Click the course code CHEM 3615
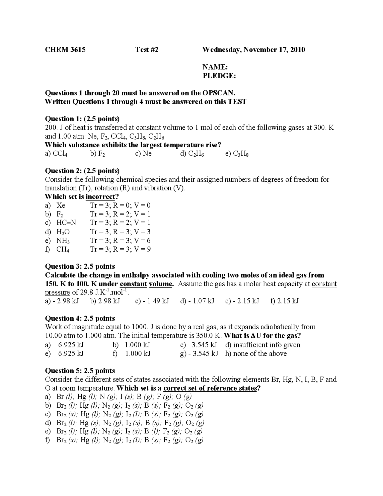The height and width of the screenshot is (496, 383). [65, 50]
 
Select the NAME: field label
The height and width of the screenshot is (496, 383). [215, 67]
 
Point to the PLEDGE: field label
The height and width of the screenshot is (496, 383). [219, 76]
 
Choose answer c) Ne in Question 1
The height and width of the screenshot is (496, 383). [143, 154]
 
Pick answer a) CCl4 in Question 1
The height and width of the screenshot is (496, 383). [56, 154]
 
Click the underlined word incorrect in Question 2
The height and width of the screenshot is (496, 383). [100, 197]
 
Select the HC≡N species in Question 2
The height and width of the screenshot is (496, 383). [66, 223]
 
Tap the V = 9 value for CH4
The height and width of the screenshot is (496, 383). [142, 249]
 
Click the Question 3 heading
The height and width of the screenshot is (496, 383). [80, 266]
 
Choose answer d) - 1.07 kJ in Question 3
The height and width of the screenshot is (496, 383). [197, 301]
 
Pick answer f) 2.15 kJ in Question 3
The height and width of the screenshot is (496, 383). [284, 301]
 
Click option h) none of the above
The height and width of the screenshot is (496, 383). [256, 354]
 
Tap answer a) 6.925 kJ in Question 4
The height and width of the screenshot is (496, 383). [64, 345]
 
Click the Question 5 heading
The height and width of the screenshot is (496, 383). [80, 371]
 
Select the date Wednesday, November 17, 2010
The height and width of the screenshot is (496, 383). [253, 50]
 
